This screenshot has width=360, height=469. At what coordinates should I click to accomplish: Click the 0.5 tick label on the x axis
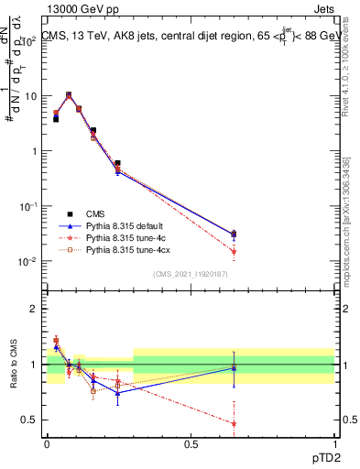click(x=191, y=443)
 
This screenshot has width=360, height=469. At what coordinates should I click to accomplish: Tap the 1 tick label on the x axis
click(x=334, y=443)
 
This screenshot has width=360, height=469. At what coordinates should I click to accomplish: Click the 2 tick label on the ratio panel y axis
click(x=34, y=309)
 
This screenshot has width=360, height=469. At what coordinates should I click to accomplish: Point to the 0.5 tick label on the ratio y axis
click(x=29, y=420)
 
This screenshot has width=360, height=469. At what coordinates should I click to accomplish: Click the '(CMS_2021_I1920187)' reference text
click(x=191, y=273)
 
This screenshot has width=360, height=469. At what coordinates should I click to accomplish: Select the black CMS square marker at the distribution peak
click(x=69, y=94)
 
